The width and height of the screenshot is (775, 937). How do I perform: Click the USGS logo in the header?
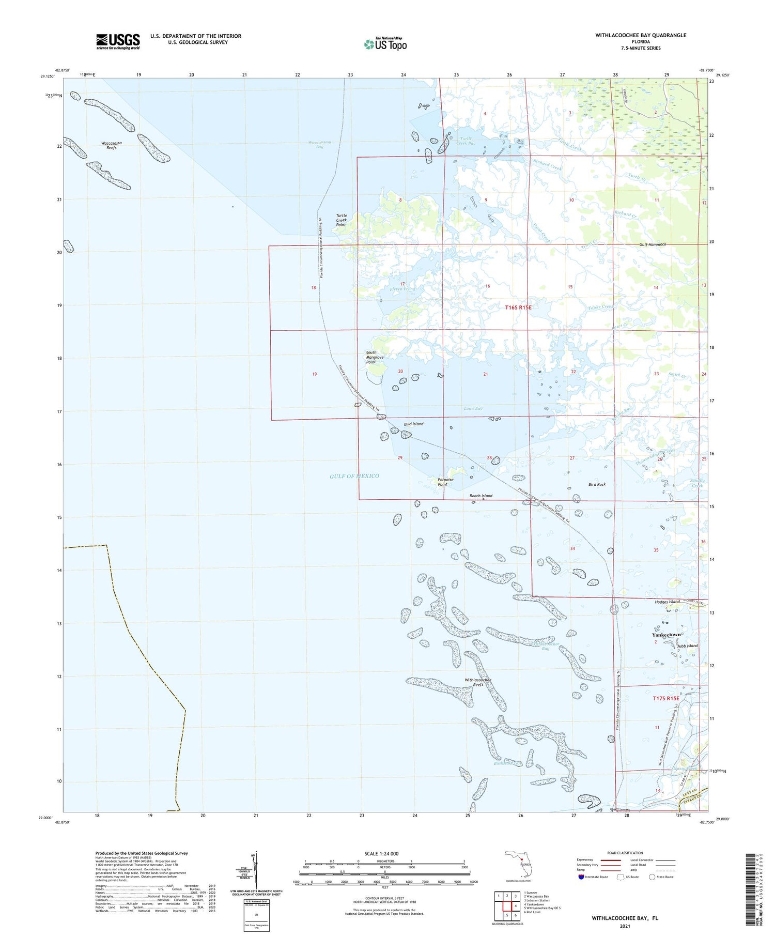pyautogui.click(x=118, y=41)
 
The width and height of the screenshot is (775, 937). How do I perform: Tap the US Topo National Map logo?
pyautogui.click(x=385, y=44)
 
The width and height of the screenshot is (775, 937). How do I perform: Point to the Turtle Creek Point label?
pyautogui.click(x=341, y=220)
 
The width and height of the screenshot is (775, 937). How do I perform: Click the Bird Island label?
pyautogui.click(x=413, y=424)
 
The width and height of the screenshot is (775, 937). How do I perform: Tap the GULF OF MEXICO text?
pyautogui.click(x=354, y=476)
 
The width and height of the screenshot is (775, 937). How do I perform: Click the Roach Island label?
pyautogui.click(x=481, y=496)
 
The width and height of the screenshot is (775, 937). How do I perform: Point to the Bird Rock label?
pyautogui.click(x=597, y=484)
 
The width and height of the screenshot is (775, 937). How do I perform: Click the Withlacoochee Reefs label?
pyautogui.click(x=478, y=682)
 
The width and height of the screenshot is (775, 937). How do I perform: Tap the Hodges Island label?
pyautogui.click(x=667, y=602)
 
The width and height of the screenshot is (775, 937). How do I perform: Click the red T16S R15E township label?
pyautogui.click(x=518, y=308)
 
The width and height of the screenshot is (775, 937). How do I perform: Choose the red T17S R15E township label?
pyautogui.click(x=666, y=698)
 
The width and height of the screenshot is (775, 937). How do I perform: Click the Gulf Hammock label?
pyautogui.click(x=653, y=244)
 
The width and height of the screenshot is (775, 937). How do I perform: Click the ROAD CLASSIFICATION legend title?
pyautogui.click(x=625, y=853)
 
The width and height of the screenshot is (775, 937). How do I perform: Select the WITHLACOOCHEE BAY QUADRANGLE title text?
pyautogui.click(x=641, y=35)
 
